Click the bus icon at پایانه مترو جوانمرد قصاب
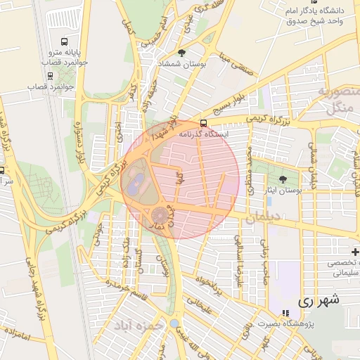point(65,41)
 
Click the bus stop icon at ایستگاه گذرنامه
point(204,122)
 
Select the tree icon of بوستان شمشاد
point(182,53)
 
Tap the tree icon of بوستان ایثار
point(283,179)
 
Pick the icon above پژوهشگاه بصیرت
point(285,313)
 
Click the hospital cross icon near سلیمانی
point(356,252)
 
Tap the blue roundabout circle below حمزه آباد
point(174,323)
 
